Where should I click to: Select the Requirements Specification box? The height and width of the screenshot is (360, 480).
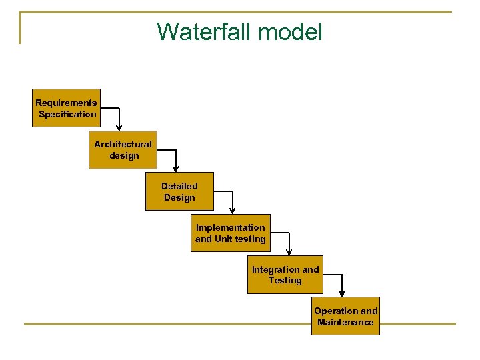click(66, 108)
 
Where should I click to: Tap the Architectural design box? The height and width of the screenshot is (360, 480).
click(123, 150)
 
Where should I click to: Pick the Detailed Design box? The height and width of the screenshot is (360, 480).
click(179, 191)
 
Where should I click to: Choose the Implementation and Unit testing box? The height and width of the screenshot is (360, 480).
click(230, 233)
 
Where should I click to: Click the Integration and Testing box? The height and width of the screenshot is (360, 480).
click(285, 275)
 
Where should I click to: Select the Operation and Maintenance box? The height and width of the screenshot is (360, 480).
click(345, 316)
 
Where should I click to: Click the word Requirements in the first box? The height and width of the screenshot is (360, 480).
click(66, 103)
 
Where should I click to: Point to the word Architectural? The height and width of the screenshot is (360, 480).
click(123, 144)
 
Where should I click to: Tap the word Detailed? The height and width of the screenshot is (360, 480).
click(179, 186)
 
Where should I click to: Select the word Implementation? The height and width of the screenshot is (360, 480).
click(230, 227)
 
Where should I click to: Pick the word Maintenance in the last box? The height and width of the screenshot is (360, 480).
click(345, 322)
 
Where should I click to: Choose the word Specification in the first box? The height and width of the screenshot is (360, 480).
click(67, 114)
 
